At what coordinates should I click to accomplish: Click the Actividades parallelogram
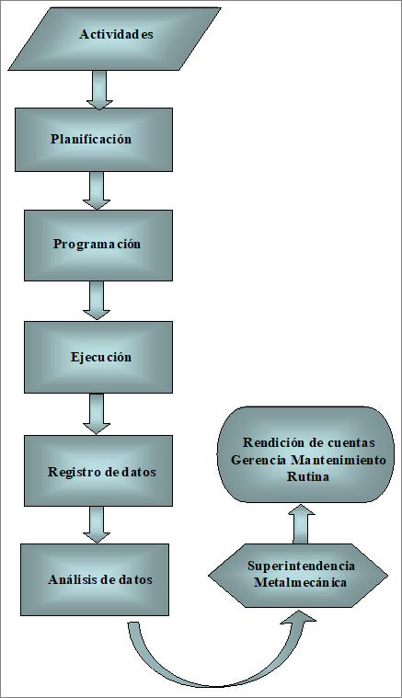114,39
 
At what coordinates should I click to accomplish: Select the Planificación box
94,140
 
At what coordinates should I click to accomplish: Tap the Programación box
98,246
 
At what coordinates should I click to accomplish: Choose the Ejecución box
98,357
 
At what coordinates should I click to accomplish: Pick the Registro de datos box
98,471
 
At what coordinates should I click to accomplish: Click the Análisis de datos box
95,579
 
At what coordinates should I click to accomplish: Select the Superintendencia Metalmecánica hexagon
298,575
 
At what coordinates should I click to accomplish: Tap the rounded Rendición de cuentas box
305,454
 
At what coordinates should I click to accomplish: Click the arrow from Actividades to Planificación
99,89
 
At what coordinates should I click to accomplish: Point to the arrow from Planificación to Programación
97,190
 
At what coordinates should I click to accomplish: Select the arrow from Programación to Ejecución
97,300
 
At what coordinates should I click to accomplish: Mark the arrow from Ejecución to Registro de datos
97,414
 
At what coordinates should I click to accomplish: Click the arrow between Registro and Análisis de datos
97,524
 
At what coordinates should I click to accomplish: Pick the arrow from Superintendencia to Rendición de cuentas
301,524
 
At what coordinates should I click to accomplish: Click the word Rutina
308,476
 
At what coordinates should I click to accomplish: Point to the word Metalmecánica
300,582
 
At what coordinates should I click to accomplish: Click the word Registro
75,473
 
